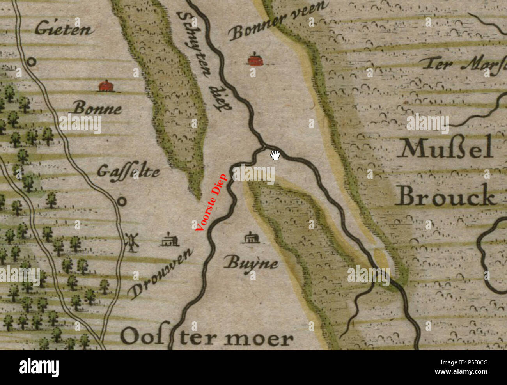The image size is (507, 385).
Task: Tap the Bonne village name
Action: click(x=97, y=108)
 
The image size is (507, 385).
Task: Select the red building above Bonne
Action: click(x=105, y=86)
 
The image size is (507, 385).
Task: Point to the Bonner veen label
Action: click(x=278, y=21)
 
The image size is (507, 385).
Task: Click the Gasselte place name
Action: click(x=128, y=172)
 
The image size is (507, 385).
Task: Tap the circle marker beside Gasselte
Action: click(x=122, y=201)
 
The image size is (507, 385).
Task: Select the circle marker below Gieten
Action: click(x=31, y=62)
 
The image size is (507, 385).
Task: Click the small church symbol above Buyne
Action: click(x=250, y=238)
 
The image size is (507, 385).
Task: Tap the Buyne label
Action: click(x=251, y=264)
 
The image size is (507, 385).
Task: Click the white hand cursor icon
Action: click(x=275, y=155)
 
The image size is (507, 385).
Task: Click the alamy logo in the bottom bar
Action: click(x=39, y=367)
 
